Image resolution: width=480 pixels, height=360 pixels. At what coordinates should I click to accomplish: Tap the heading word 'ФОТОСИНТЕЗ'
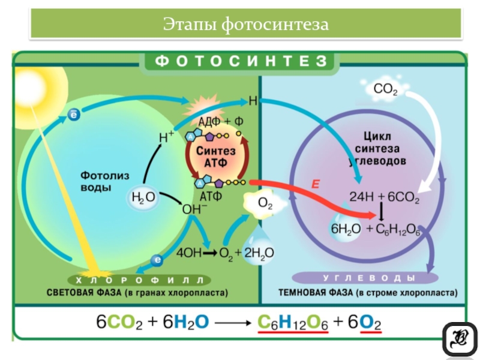239,61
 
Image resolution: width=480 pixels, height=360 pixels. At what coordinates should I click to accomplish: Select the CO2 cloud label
385,90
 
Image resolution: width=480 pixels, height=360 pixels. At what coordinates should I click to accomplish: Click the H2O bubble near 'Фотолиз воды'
143,196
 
